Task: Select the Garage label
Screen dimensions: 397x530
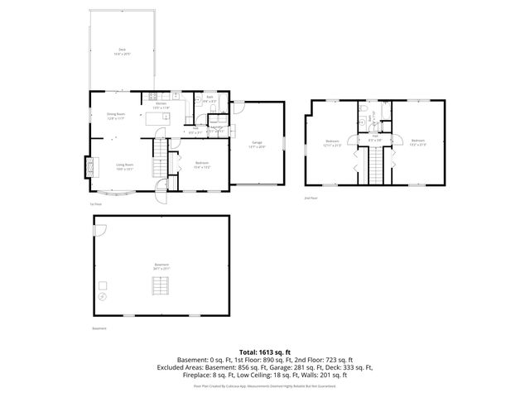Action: click(x=257, y=144)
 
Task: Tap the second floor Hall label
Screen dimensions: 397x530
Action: click(x=374, y=138)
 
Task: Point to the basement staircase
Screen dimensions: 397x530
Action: click(x=161, y=286)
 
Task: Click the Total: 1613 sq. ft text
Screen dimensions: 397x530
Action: click(x=265, y=352)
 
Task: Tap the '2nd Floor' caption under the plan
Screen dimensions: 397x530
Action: click(x=311, y=199)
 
